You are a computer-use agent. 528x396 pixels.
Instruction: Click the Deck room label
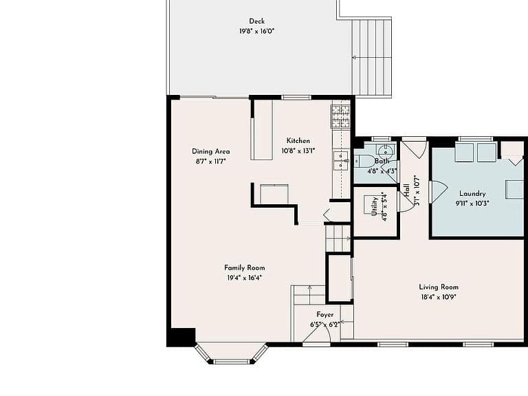(x=256, y=21)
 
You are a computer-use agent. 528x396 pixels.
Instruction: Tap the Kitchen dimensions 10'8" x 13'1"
(x=298, y=151)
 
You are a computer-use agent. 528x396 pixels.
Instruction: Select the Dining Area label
(x=211, y=151)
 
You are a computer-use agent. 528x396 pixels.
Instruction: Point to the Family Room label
(x=245, y=267)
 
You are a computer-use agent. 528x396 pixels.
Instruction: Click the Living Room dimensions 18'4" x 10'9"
(x=439, y=297)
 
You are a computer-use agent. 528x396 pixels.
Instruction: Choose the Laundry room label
(x=472, y=194)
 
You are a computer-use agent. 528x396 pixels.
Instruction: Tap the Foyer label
(x=325, y=314)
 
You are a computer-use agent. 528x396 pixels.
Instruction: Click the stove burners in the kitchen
(x=341, y=116)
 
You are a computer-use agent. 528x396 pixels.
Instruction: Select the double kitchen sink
(x=341, y=161)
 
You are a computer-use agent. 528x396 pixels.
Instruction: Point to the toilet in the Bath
(x=363, y=161)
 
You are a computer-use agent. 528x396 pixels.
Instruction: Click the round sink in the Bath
(x=383, y=149)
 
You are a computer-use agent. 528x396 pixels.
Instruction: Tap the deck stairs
(x=372, y=57)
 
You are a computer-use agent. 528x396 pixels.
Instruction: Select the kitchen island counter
(x=262, y=130)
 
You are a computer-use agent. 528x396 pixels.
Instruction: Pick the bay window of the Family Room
(x=232, y=353)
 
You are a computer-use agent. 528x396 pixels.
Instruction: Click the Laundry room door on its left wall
(x=438, y=192)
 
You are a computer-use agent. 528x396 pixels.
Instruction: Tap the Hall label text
(x=406, y=190)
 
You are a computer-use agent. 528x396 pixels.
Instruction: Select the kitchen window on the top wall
(x=296, y=98)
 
